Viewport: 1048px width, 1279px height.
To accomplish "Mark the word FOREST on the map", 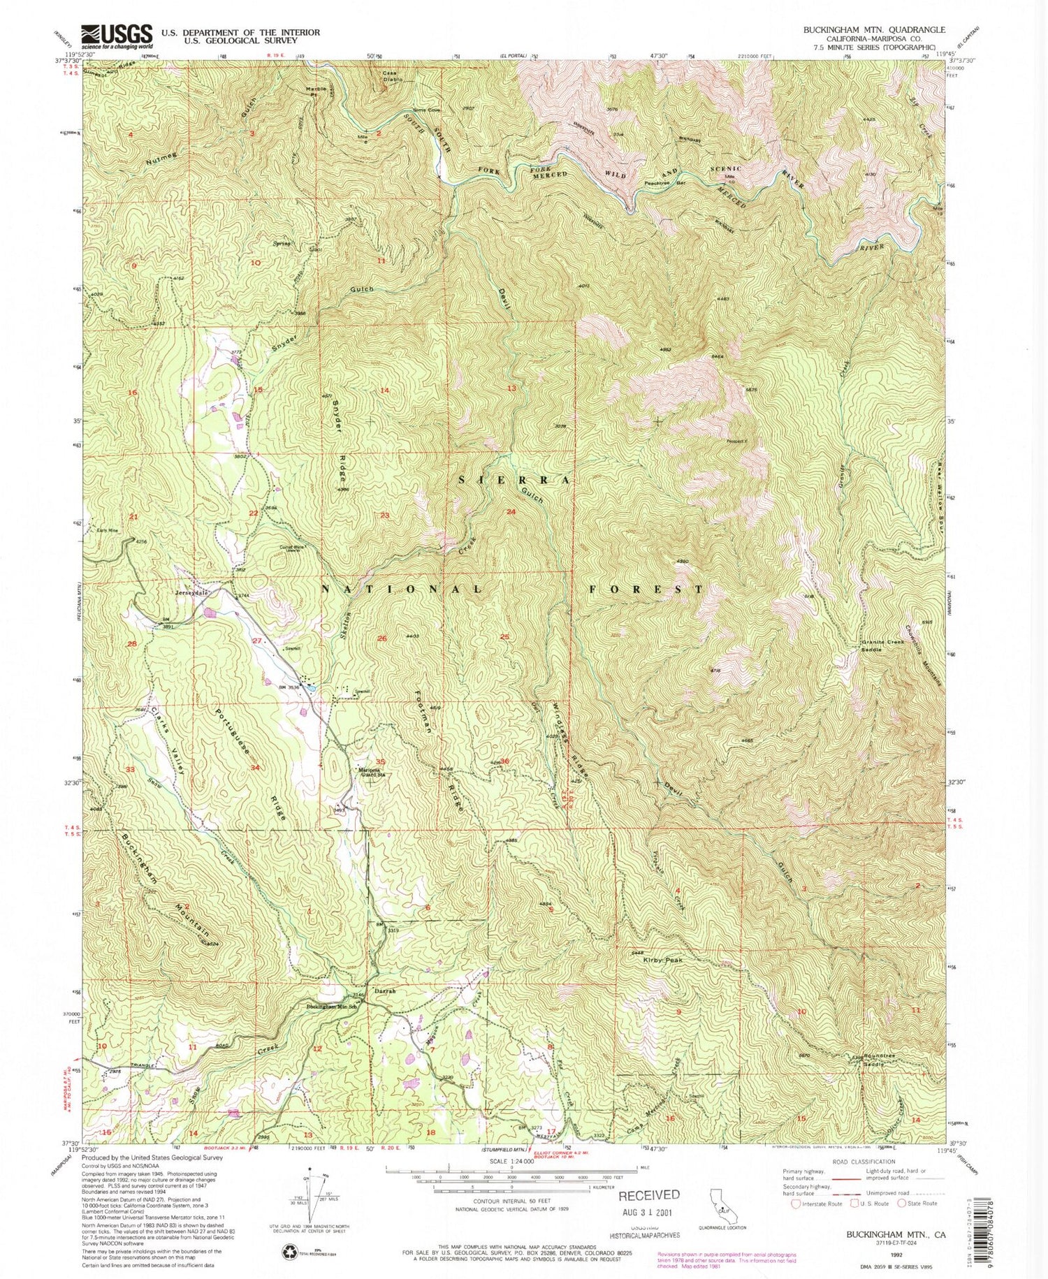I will [646, 590].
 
